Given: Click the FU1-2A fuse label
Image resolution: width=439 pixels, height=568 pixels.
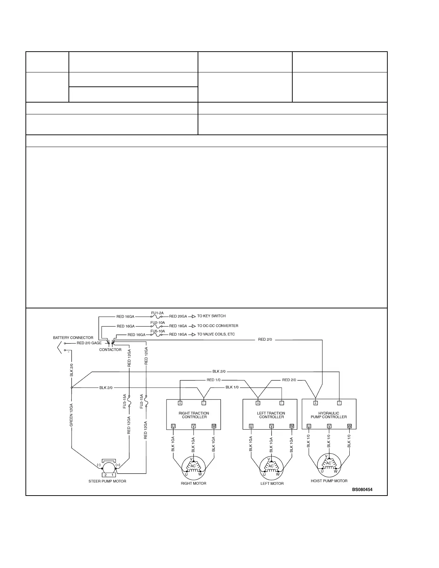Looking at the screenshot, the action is (x=157, y=313).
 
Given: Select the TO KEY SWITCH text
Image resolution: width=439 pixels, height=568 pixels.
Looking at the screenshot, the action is (x=211, y=316).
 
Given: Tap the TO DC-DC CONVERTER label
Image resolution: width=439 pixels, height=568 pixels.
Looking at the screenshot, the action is (x=218, y=326).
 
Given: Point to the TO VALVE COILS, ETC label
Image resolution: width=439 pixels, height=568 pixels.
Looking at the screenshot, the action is (x=216, y=334).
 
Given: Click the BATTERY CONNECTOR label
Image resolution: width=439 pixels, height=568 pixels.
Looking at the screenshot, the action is (x=73, y=338).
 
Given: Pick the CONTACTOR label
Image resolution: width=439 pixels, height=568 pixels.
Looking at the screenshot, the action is (x=110, y=350).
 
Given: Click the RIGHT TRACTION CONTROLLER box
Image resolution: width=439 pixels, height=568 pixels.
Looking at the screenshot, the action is (x=194, y=415).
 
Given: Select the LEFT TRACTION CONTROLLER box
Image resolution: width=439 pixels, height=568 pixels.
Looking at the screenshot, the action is (x=270, y=415).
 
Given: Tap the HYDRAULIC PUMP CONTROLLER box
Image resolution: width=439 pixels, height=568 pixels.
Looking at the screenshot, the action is (x=329, y=414).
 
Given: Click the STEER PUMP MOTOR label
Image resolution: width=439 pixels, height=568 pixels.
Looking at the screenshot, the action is (x=107, y=481).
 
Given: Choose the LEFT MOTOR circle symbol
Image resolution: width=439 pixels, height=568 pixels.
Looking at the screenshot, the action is (x=271, y=467).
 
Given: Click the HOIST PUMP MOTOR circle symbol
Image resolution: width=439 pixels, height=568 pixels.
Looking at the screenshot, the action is (x=329, y=465).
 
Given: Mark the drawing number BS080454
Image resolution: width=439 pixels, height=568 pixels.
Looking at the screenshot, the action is (x=362, y=489).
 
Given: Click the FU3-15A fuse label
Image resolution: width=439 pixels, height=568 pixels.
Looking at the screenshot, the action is (x=125, y=401).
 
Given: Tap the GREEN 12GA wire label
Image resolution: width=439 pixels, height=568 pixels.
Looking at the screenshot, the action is (x=71, y=415).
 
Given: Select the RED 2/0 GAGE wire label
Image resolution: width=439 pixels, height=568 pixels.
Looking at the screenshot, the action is (x=89, y=343).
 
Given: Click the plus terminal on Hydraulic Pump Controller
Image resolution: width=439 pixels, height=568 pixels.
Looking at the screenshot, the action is (x=316, y=403).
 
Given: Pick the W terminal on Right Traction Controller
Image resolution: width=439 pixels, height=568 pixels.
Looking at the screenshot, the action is (x=214, y=426).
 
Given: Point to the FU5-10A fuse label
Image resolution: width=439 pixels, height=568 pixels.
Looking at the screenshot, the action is (x=157, y=331).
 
